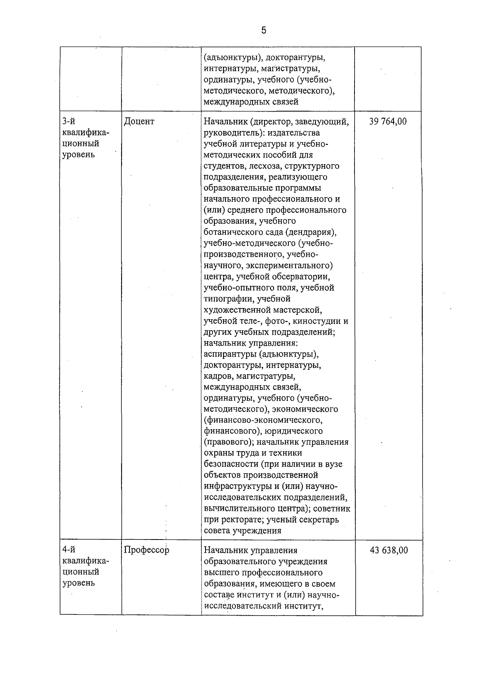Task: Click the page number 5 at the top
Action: (264, 30)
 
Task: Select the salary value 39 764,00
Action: (388, 122)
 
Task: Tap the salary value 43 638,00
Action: (389, 550)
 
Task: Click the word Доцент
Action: (139, 122)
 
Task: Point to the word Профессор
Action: (147, 550)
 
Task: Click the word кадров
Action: (218, 376)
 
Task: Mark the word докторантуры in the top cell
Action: (296, 58)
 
